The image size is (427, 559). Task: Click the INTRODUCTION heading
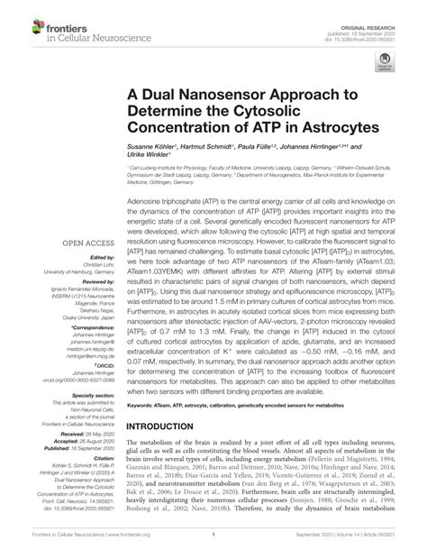(177, 425)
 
